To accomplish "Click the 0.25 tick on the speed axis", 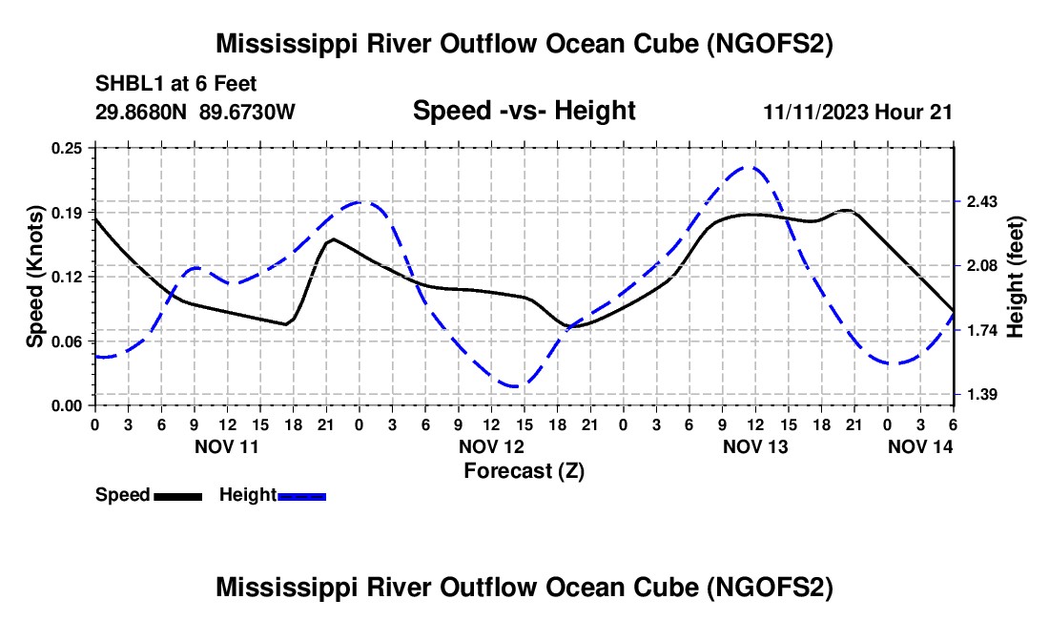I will [72, 148].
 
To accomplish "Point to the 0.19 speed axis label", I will [72, 212].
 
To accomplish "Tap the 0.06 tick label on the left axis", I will [72, 341].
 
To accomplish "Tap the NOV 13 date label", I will [755, 446].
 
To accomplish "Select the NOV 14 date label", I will [921, 446].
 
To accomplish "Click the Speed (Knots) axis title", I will [35, 277].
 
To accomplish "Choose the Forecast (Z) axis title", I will [524, 470].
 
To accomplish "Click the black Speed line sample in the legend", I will [177, 496].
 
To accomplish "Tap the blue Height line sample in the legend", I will [302, 496].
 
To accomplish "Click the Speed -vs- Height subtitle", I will [524, 111].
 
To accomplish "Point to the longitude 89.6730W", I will [248, 112].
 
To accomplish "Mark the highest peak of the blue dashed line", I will [751, 167].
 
